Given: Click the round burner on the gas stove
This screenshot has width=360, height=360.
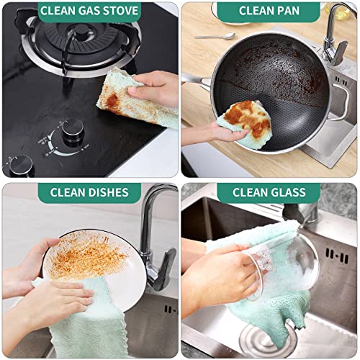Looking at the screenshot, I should click(79, 43).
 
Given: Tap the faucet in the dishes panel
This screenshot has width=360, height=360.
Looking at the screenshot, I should click(155, 230).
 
